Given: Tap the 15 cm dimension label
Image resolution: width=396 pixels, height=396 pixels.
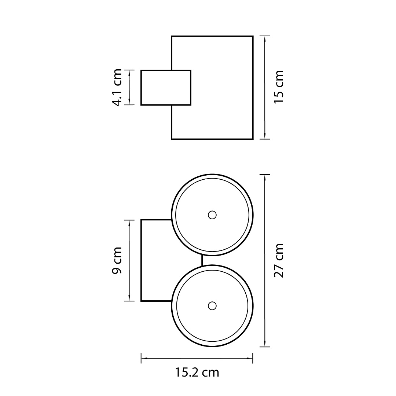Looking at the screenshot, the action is click(279, 87).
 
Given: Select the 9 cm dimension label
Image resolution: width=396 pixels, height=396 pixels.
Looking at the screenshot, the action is click(117, 260).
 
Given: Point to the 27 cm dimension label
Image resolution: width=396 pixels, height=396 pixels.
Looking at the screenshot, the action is click(279, 261).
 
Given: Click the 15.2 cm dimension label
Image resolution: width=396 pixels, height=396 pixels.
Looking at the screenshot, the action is click(197, 372).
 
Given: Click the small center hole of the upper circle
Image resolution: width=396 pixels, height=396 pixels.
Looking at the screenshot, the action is click(212, 215).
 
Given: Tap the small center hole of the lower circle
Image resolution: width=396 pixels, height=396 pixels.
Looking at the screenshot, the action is click(212, 306).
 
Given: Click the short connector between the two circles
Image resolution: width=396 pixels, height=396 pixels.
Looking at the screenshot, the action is click(202, 260).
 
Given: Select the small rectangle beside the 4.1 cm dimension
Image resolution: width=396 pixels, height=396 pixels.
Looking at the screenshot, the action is click(166, 87).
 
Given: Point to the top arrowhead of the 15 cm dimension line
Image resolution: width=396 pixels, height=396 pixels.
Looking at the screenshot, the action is click(265, 39).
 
